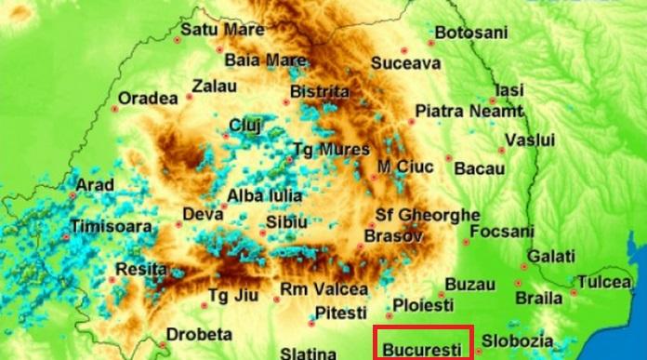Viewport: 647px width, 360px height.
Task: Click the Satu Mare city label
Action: (x=221, y=30)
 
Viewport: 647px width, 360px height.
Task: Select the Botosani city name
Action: (x=471, y=33)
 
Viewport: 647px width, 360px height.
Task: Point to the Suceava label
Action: (x=405, y=64)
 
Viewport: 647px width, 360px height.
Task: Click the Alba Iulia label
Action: (x=264, y=196)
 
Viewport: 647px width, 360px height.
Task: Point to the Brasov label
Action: (x=394, y=236)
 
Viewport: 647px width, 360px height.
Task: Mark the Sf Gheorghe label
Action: (x=428, y=216)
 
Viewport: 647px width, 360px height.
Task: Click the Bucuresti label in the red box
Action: (x=422, y=350)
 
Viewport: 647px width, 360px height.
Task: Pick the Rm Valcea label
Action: (x=324, y=288)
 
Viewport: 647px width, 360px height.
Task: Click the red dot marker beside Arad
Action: (x=73, y=196)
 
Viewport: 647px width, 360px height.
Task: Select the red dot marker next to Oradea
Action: (x=115, y=109)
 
